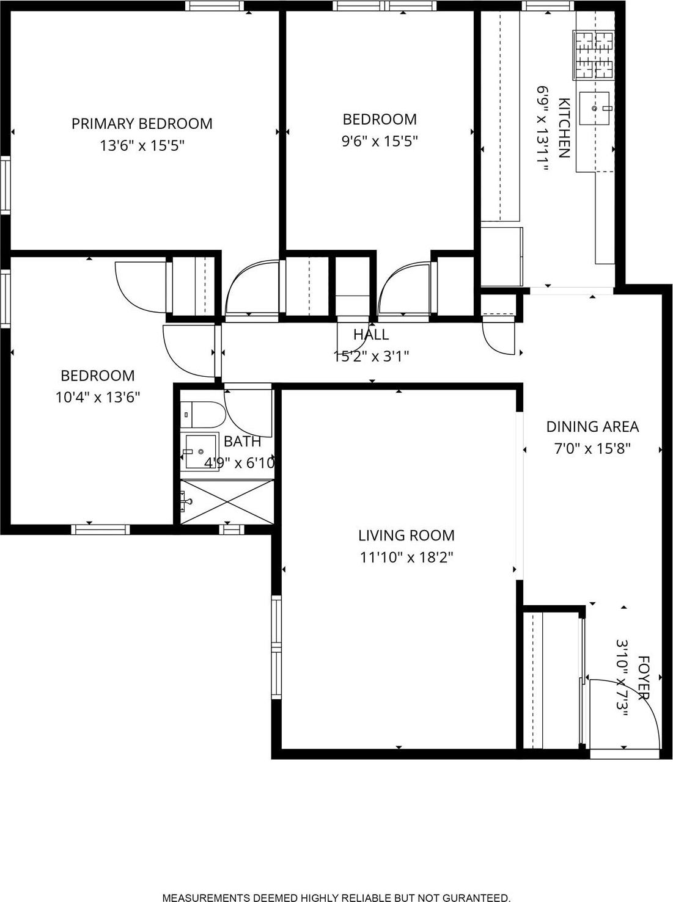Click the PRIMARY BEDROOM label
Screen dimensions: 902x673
(x=142, y=124)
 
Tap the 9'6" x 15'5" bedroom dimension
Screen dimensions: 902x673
(x=379, y=142)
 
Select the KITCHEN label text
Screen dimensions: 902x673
(x=564, y=128)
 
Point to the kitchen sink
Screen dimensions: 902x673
(x=595, y=108)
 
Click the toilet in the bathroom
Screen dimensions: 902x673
(x=202, y=415)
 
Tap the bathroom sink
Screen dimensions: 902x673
(x=200, y=451)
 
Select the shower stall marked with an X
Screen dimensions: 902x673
(x=226, y=501)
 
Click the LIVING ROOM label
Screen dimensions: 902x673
(x=406, y=536)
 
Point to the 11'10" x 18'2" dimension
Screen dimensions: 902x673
(x=406, y=558)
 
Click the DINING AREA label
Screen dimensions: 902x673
(x=592, y=427)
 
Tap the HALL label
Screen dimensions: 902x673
(x=371, y=335)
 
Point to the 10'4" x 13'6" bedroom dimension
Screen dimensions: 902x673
(x=98, y=398)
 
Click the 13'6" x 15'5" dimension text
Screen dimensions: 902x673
(x=142, y=146)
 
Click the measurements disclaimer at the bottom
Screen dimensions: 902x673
(x=336, y=897)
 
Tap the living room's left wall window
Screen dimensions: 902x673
(x=276, y=647)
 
